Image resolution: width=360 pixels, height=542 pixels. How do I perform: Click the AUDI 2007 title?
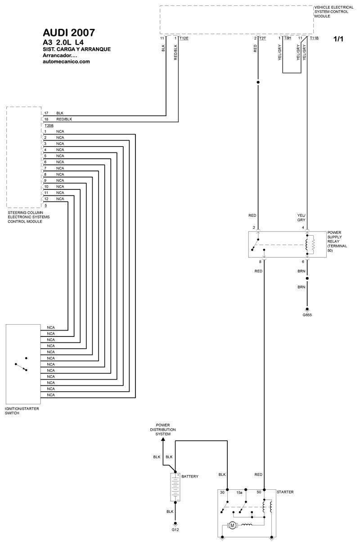69,33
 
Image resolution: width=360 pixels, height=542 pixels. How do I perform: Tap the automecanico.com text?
66,62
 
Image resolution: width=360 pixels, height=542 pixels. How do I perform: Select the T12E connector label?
184,38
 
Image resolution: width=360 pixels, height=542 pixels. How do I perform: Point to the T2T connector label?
262,38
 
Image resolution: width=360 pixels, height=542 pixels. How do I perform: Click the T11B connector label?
314,38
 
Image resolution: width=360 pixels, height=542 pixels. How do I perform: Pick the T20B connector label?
49,126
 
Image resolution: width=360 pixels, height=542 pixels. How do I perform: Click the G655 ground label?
307,315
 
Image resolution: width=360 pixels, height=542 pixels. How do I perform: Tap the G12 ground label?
175,530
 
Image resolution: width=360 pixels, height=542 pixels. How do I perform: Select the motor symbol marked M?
232,525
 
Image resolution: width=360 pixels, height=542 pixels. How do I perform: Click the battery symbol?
175,487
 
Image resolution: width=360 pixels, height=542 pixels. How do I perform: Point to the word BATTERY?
190,476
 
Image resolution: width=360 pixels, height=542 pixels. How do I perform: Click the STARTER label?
285,492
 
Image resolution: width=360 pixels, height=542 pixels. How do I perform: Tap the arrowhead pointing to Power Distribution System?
163,439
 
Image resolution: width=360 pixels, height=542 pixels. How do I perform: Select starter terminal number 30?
222,493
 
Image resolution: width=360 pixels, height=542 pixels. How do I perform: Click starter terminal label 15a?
239,493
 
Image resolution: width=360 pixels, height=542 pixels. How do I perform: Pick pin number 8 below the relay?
260,262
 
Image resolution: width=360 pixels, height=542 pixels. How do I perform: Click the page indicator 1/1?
338,39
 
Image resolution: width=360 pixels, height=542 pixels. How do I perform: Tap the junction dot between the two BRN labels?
307,278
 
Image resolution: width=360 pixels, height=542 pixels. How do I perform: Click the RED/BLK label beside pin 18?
64,119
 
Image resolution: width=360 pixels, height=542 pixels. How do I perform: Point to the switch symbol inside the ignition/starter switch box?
21,364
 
